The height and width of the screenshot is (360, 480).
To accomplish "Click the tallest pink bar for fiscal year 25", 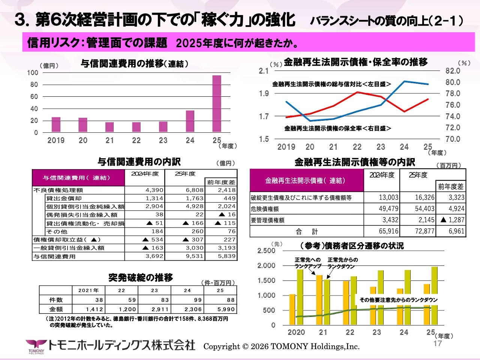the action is pos(217,104).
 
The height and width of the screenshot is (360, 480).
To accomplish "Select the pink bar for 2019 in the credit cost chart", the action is pos(56,124).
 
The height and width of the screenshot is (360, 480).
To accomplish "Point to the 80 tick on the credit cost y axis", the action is pos(34,85).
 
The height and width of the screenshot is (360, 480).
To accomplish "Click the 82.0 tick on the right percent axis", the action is pos(453,71).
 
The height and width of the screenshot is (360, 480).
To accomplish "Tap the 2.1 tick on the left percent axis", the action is pos(264,71).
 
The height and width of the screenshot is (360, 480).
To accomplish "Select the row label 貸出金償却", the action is pos(64,198).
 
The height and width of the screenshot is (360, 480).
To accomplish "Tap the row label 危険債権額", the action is pos(265,209).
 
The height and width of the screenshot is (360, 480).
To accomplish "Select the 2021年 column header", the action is pos(88,290).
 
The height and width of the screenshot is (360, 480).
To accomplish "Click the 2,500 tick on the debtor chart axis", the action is pos(266,250).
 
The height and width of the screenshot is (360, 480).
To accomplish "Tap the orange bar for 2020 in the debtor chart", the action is pos(292,309).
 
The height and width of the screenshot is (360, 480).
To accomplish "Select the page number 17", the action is pos(438,343).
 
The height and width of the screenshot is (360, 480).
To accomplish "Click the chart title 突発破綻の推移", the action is pos(141,277).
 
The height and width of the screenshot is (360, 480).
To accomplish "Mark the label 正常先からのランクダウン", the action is pos(343,263).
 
